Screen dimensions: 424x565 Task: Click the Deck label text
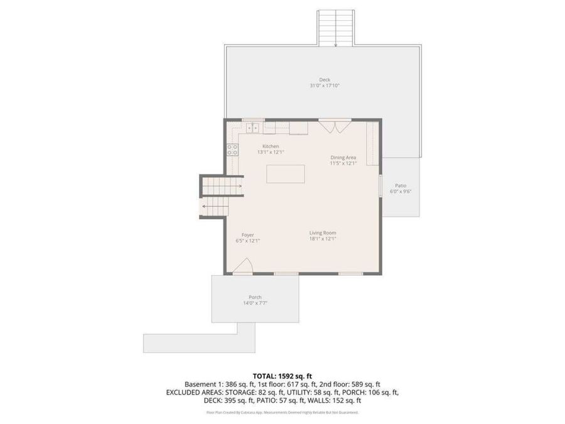click(x=324, y=80)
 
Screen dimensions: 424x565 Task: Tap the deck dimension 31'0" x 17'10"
click(x=324, y=86)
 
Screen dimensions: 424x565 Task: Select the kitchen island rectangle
click(x=286, y=173)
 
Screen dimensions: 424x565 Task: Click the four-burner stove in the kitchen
click(x=232, y=149)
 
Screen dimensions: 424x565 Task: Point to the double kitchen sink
click(x=254, y=128)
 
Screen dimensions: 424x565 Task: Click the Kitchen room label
click(x=271, y=146)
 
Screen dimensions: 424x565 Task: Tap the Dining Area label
click(x=343, y=157)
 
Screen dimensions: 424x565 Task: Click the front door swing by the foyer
click(x=243, y=267)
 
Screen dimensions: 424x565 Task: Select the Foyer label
click(x=248, y=235)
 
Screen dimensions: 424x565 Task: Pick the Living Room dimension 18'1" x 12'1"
click(x=323, y=239)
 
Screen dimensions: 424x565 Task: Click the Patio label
click(x=401, y=185)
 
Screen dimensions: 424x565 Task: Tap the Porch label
click(x=255, y=297)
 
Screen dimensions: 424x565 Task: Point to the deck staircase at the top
click(x=336, y=28)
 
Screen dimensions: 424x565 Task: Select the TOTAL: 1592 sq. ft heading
click(x=282, y=375)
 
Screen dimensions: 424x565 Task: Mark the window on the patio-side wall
click(x=381, y=186)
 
